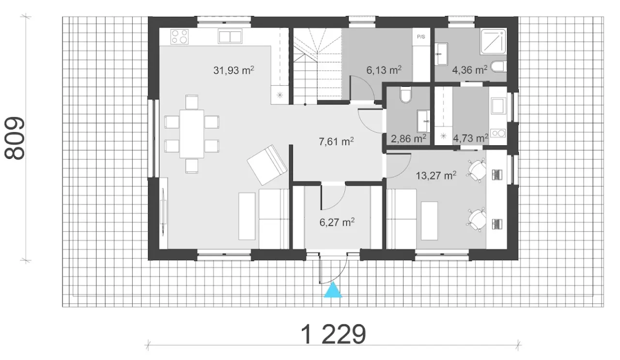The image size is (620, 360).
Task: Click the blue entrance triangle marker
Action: pos(333,290)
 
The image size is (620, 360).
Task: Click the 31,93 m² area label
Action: pos(233,70)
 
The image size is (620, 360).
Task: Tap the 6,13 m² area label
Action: pos(384,70)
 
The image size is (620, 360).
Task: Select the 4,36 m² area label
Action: pos(470,70)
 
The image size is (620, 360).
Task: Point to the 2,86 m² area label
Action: pos(408,139)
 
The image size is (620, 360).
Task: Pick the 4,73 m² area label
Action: pos(470,138)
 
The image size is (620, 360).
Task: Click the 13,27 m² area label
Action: pos(436,175)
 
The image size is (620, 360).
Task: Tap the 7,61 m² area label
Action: pos(336,141)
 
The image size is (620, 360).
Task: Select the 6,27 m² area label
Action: pos(337,222)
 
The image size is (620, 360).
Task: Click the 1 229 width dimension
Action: pos(333,334)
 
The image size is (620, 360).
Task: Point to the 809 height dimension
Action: pos(15,138)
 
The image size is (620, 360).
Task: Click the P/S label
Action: pos(421,36)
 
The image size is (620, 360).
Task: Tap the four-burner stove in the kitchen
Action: pos(179,37)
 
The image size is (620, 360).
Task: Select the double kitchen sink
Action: pos(230,36)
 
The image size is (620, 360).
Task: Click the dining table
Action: pos(192,134)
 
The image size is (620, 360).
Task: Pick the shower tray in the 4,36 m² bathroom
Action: pos(494,41)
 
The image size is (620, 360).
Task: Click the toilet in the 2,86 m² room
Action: pos(406,94)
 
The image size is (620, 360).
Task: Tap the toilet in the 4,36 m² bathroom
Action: pos(499,66)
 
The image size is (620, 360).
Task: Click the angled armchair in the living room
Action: pos(267,165)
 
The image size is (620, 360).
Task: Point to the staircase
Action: pos(317,66)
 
